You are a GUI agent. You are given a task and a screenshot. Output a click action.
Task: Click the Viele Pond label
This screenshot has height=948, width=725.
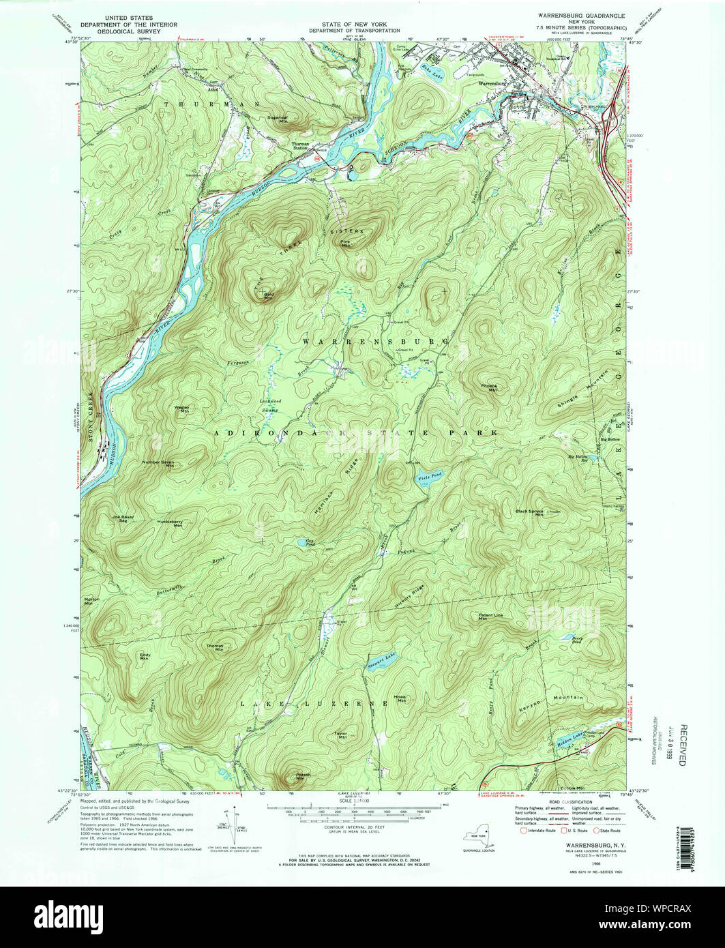coord(428,476)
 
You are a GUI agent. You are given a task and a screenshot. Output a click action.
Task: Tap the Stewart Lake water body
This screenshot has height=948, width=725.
coord(381,662)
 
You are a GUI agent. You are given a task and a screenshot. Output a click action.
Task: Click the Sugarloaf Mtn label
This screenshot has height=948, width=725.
coord(278,119)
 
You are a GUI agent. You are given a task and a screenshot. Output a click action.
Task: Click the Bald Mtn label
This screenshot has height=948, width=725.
coord(268,296)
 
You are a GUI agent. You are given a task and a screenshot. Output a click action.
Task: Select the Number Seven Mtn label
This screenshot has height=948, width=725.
coord(158,463)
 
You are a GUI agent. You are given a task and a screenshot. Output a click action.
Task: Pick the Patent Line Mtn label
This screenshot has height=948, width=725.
coord(490,617)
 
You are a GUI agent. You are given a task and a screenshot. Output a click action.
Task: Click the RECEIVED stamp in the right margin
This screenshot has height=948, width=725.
coord(683,743)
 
